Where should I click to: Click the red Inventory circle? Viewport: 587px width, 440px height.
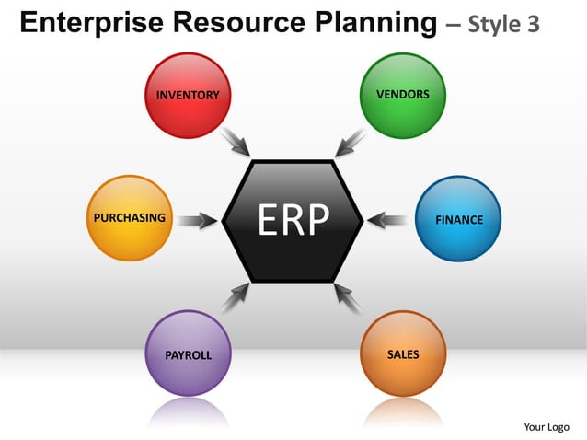(x=188, y=95)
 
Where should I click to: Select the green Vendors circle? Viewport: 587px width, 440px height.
(x=402, y=95)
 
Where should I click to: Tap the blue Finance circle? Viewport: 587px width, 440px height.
(x=457, y=219)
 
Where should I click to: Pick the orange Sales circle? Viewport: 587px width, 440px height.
(x=403, y=353)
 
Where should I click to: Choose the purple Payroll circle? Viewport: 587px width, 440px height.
(x=188, y=353)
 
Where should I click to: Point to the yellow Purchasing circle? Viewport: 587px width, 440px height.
(x=130, y=218)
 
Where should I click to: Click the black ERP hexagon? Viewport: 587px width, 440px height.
(x=293, y=220)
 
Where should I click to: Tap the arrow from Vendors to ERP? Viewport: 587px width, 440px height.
(x=351, y=141)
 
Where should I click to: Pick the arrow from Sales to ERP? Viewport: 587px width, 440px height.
(x=349, y=297)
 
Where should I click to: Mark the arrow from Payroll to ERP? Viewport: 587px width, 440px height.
(x=236, y=297)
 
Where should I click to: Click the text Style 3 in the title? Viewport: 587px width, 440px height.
(x=504, y=25)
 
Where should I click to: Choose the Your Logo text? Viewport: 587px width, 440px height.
(x=547, y=426)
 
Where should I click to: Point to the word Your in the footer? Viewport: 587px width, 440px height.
(x=535, y=426)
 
